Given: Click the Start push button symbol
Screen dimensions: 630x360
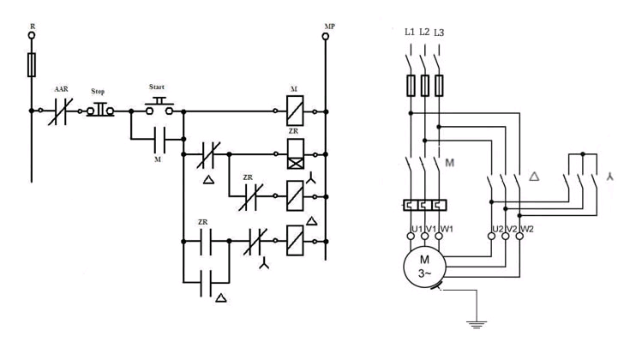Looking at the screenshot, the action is point(159,106).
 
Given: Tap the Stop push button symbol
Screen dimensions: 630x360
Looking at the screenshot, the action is point(100,110).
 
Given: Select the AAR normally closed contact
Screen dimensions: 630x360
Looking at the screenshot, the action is point(60,111).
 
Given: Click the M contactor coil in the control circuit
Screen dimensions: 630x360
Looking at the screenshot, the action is point(295,111).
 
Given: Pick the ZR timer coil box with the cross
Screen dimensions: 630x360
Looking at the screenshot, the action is point(296,154).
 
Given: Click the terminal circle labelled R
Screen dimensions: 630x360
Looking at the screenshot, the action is point(32,35).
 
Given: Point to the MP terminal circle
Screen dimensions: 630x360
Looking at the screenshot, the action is point(326,37).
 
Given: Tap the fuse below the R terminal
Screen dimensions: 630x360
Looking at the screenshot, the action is point(32,64).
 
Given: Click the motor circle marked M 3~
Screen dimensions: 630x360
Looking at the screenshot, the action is point(424,267).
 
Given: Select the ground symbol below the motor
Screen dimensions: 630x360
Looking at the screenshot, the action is point(477,325).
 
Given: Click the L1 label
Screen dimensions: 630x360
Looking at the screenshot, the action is point(410,32).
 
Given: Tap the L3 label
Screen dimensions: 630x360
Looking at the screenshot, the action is point(439,33).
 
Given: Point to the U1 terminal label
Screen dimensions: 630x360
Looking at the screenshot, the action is point(417,229).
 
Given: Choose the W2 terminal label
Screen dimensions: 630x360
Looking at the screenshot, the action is point(527,229).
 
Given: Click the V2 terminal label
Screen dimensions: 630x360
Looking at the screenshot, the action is point(512,229).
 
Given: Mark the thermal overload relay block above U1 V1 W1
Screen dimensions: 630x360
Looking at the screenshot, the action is point(424,206).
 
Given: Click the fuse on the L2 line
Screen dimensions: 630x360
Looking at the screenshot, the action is point(424,85).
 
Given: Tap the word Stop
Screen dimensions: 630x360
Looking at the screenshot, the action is point(98,91).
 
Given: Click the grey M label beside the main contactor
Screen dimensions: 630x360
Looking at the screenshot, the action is point(450,163).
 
